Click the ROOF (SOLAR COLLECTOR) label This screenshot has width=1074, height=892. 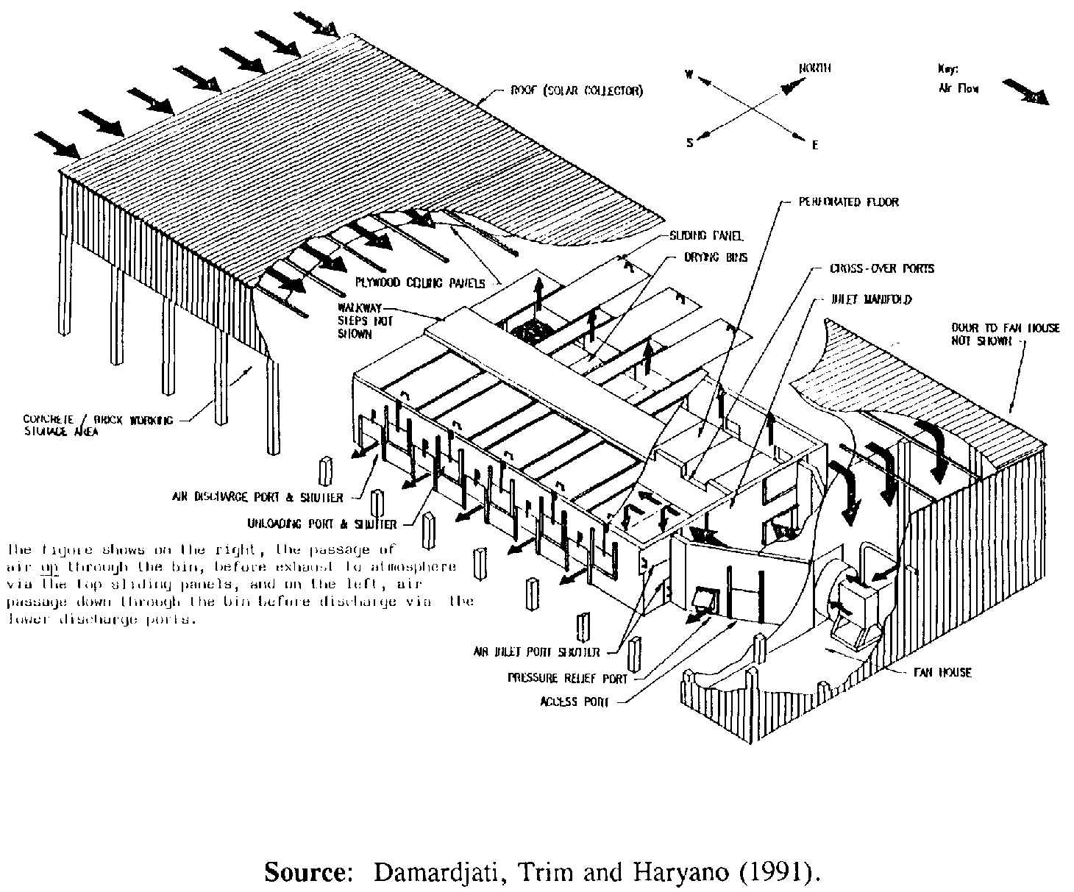coord(577,92)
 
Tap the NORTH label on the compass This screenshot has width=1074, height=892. coord(814,68)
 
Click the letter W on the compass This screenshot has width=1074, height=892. coord(689,74)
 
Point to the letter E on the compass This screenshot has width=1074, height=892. coord(815,146)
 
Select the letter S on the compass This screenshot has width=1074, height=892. coord(689,143)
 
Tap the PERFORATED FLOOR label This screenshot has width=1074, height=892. coord(849,201)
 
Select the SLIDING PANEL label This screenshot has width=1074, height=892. coord(706,236)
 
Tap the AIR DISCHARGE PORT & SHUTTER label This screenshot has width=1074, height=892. coord(258,498)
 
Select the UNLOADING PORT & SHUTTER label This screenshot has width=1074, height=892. coord(322,524)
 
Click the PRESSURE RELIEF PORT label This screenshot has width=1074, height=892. coord(568,678)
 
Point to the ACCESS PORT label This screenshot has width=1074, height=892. coord(575,702)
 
